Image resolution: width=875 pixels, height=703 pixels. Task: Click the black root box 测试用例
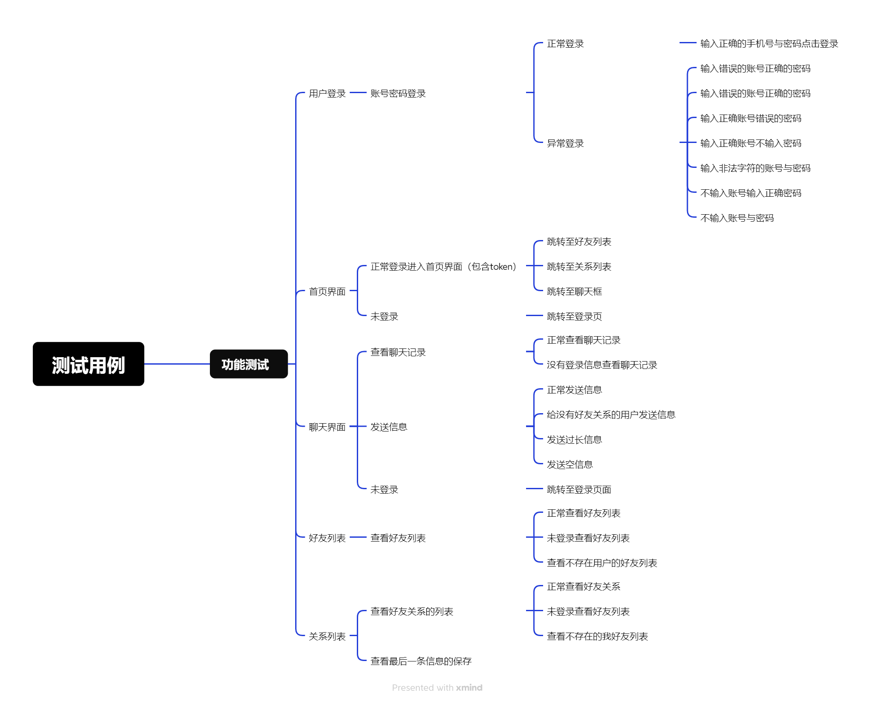tap(88, 364)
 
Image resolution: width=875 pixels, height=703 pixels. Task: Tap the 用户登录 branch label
tap(327, 94)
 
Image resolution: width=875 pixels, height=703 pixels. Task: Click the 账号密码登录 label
tap(398, 94)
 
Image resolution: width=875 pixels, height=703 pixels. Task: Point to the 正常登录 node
tap(565, 44)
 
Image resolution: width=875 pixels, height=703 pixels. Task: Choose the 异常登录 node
tap(565, 143)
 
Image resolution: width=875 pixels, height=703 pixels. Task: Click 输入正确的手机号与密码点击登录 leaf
tap(769, 44)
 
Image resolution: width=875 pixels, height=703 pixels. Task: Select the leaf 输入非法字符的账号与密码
tap(755, 168)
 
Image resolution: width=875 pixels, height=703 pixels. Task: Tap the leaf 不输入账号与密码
tap(737, 218)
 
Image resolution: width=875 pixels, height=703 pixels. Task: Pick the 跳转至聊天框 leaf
tap(574, 292)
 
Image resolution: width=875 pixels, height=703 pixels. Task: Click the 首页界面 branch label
tap(327, 292)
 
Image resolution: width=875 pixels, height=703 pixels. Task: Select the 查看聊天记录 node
tap(398, 352)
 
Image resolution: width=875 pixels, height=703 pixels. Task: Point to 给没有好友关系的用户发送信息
tap(611, 415)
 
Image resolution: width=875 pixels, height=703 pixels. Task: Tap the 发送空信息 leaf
tap(570, 465)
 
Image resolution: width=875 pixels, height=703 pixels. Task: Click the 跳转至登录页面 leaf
tap(579, 490)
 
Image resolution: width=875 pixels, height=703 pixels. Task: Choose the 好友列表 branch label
tap(327, 538)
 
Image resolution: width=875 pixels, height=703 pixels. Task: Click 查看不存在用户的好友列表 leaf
tap(602, 563)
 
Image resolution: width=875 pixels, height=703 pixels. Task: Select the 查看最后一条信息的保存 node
tap(421, 661)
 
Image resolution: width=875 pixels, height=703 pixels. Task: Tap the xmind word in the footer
tap(469, 688)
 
